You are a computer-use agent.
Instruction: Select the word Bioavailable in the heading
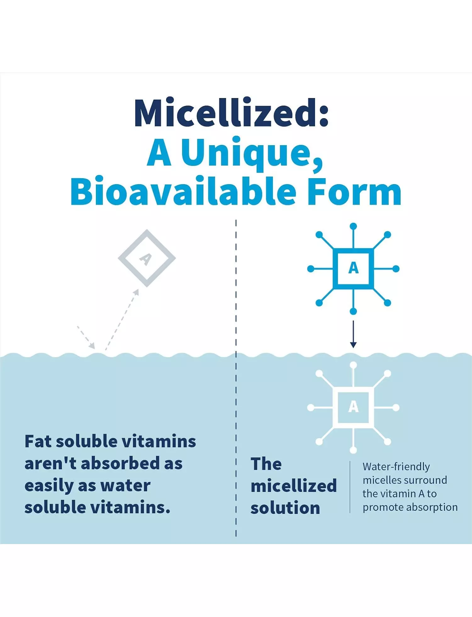point(183,191)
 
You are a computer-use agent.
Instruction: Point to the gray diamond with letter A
point(147,258)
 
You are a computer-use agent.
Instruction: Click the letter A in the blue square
point(353,268)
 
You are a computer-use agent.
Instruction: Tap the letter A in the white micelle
point(353,407)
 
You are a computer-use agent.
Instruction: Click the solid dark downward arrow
point(353,334)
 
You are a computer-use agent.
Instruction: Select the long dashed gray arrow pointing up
point(122,320)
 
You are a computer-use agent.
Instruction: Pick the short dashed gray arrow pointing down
point(86,337)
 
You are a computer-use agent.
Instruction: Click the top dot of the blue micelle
point(353,226)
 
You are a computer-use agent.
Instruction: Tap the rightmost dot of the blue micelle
point(396,269)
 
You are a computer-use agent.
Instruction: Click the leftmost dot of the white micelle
point(311,408)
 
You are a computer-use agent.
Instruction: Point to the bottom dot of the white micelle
point(353,450)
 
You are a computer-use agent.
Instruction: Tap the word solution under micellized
point(285,508)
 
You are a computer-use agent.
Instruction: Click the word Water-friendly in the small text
point(396,467)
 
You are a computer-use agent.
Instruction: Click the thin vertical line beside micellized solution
point(350,487)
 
